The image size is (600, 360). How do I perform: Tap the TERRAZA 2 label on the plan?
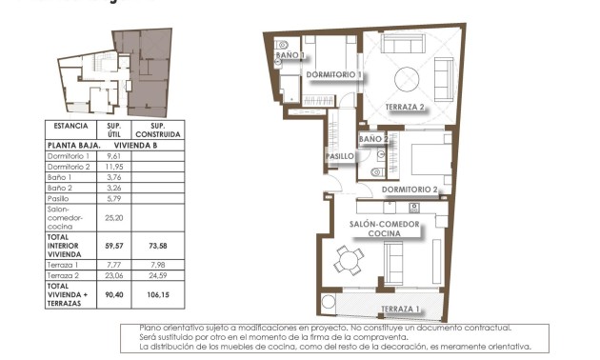(405, 107)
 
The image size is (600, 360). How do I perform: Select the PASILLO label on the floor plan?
(340, 156)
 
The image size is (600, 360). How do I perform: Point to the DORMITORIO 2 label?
(410, 190)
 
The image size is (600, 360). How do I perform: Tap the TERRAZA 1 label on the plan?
(400, 310)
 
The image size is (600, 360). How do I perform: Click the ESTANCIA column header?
(71, 126)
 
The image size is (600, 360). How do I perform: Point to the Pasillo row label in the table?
(60, 198)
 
